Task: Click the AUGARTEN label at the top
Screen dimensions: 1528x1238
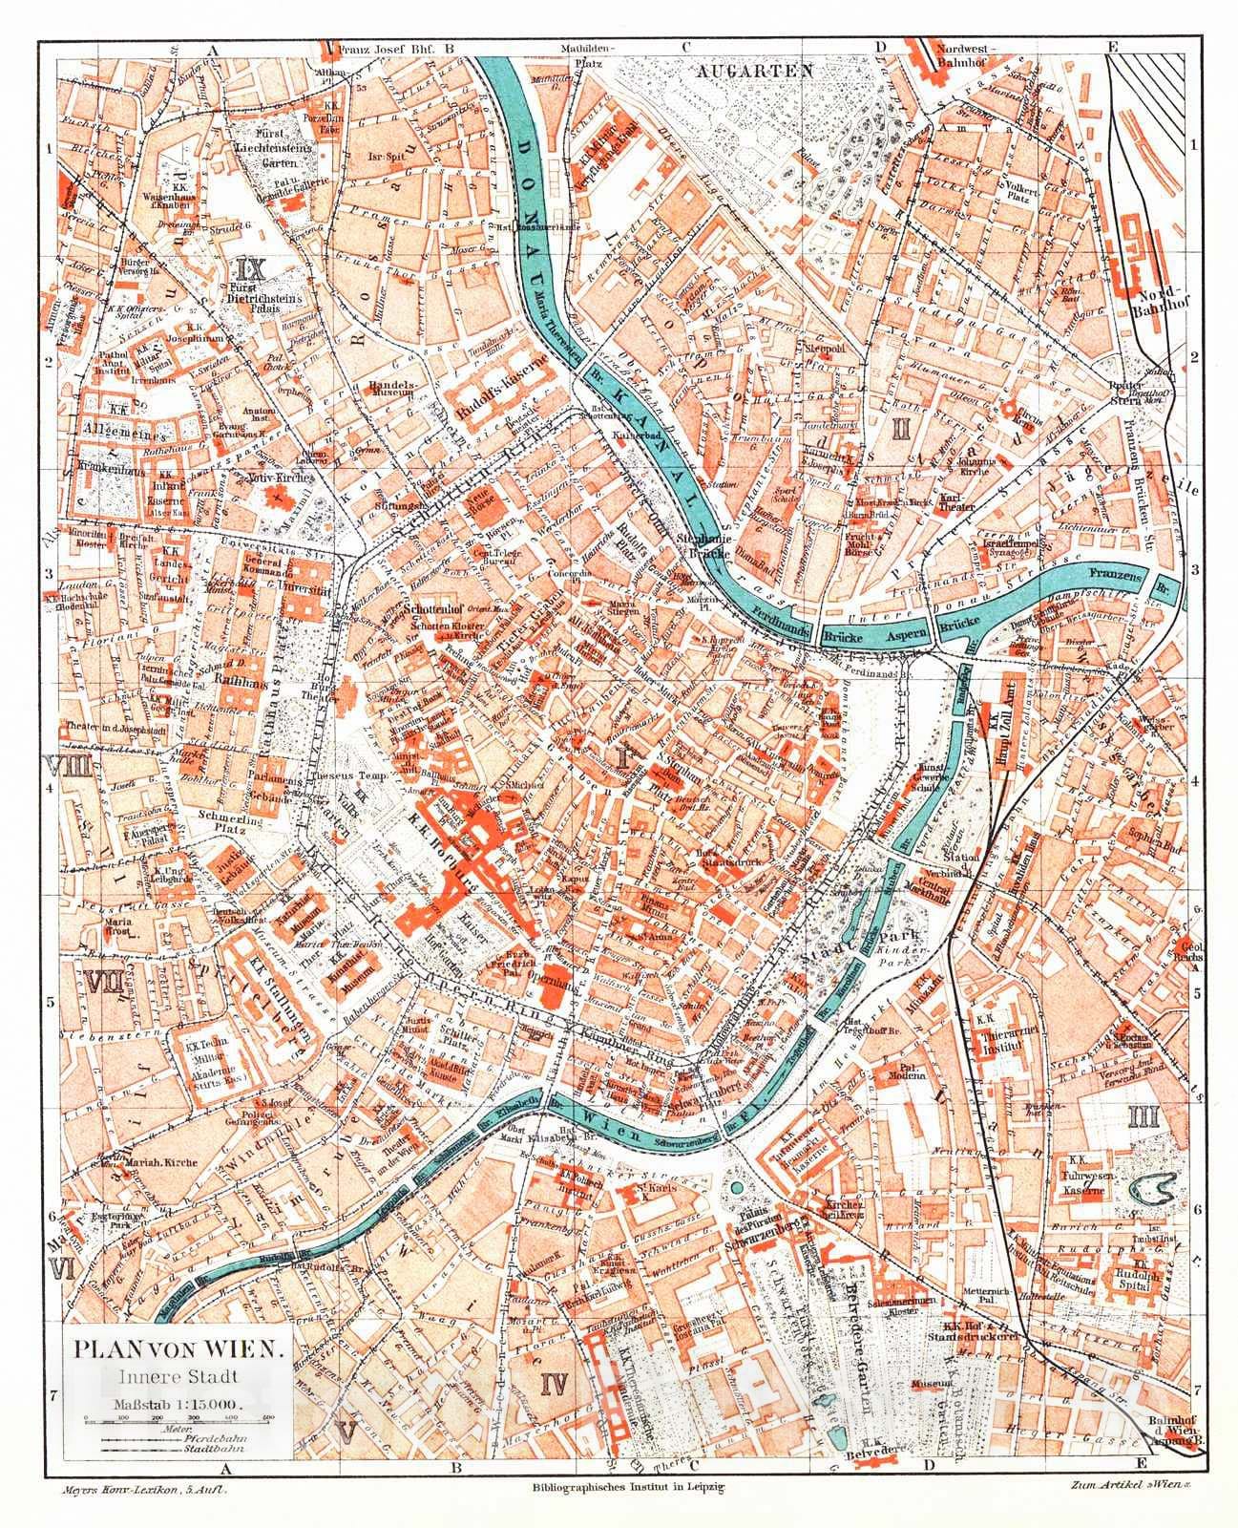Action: point(754,71)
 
